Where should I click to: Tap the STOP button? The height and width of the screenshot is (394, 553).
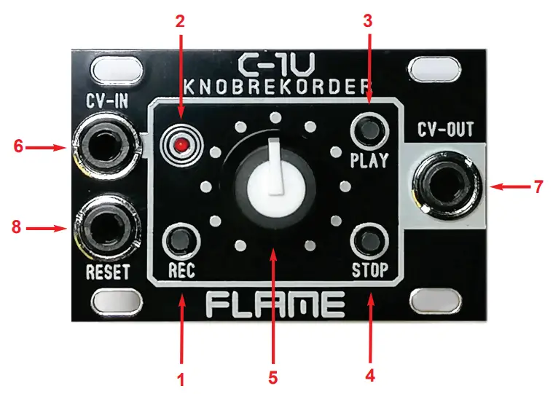tap(368, 239)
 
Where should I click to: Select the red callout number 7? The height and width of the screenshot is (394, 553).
tap(538, 186)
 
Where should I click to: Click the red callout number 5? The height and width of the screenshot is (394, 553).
tap(272, 379)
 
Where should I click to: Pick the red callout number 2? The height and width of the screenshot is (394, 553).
tap(180, 20)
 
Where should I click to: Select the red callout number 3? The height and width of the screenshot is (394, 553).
tap(368, 20)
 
